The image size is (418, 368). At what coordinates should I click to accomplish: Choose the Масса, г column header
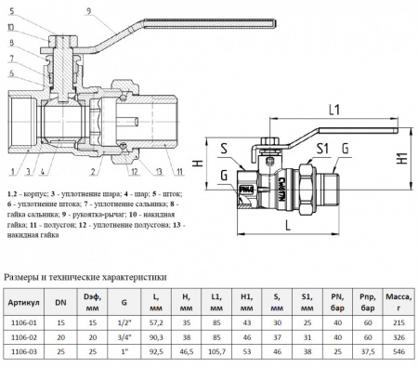click(x=399, y=303)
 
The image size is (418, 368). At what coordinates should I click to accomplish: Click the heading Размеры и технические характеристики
click(x=85, y=276)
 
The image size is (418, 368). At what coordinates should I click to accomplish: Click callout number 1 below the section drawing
click(x=8, y=173)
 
